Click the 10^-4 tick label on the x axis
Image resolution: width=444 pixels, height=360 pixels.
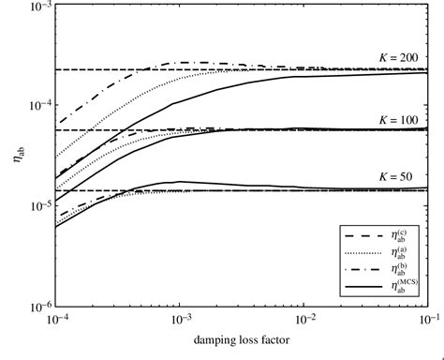[x=56, y=322]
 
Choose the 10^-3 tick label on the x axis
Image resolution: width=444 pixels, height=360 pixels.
[x=179, y=322]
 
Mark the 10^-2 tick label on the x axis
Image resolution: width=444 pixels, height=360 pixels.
[x=303, y=322]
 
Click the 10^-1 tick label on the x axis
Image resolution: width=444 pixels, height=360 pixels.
[x=424, y=322]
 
